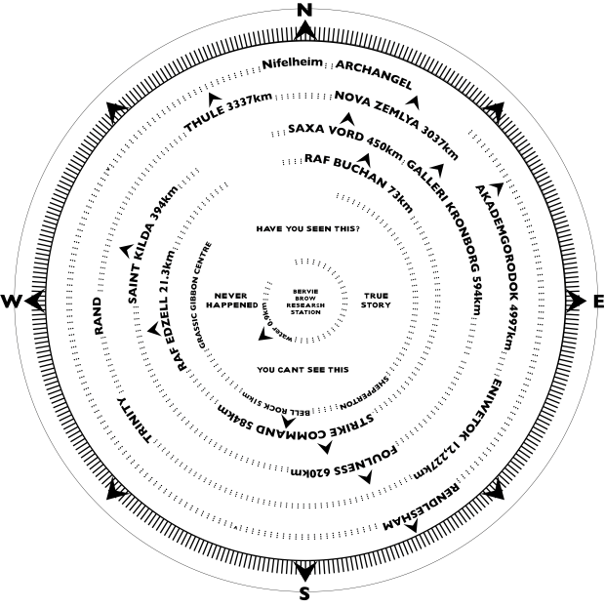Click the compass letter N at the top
point(303,10)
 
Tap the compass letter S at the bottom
point(303,595)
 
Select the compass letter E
point(597,303)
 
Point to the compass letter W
point(12,302)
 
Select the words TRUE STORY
point(377,300)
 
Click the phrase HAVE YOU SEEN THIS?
point(307,228)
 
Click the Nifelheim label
point(290,65)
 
